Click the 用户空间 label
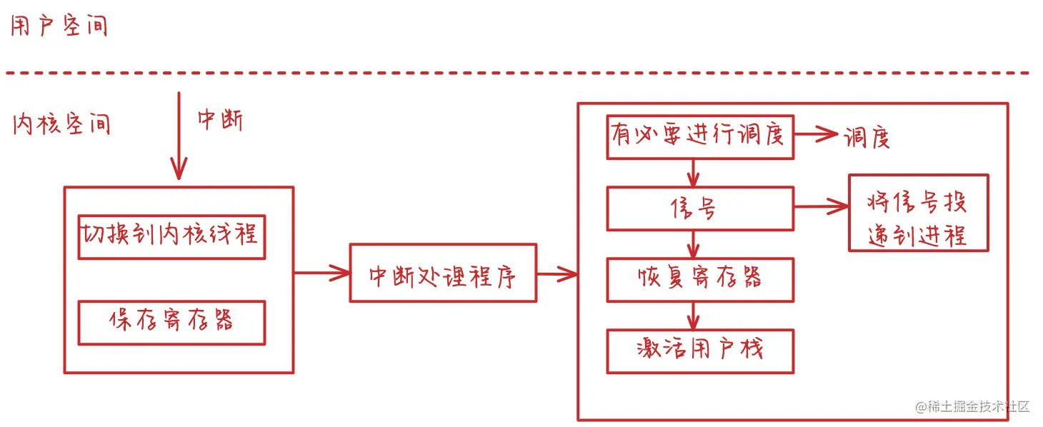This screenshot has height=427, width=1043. (59, 26)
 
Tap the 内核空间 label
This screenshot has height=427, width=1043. (61, 124)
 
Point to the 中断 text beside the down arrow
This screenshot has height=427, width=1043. (220, 120)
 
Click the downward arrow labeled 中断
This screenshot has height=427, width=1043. (179, 136)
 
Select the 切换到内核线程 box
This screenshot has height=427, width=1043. (171, 236)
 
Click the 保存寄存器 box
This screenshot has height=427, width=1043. (171, 323)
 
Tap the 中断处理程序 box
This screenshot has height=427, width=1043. (443, 273)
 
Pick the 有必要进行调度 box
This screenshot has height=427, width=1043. (700, 136)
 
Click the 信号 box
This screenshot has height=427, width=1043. (700, 209)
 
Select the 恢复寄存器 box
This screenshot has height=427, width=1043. (700, 279)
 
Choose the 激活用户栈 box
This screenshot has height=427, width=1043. (700, 351)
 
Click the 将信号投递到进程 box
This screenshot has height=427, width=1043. (918, 213)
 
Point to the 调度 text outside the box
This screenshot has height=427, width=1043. (867, 136)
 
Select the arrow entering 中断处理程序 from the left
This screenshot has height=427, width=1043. (321, 272)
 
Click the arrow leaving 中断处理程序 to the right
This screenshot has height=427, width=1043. (557, 273)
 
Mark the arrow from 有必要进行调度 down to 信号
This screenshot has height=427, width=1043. (692, 173)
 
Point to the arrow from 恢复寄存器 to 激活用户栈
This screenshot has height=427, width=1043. (692, 315)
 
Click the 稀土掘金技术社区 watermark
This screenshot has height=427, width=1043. (972, 407)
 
